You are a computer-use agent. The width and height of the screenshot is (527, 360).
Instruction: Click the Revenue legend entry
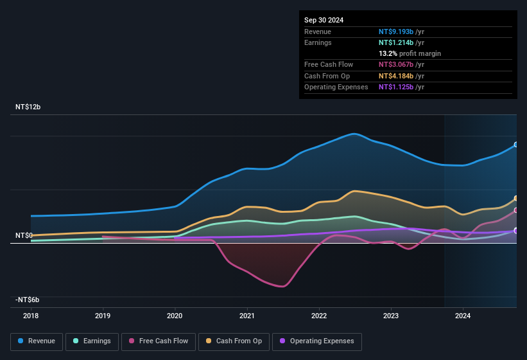pos(37,341)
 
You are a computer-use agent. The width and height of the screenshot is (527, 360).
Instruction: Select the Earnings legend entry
pos(92,341)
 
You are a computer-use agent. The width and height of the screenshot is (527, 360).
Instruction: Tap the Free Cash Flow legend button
pos(159,341)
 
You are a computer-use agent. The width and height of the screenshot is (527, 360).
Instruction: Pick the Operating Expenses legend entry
pos(317,341)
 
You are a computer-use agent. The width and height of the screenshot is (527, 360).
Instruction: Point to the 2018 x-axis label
pos(30,316)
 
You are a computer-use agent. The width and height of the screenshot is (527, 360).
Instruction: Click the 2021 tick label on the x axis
pos(246,316)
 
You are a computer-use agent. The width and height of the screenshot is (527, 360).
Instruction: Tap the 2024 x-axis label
pos(462,316)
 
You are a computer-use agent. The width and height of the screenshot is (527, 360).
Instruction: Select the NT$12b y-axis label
pos(28,107)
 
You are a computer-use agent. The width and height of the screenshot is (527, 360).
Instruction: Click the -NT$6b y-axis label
pos(28,300)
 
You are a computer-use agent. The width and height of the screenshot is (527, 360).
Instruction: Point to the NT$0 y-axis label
pos(24,236)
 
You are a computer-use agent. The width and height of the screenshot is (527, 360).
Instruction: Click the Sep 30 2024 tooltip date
pos(324,20)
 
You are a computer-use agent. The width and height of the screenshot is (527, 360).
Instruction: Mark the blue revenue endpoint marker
pos(516,145)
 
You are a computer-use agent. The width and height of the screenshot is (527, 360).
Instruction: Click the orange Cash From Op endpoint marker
pos(516,199)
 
